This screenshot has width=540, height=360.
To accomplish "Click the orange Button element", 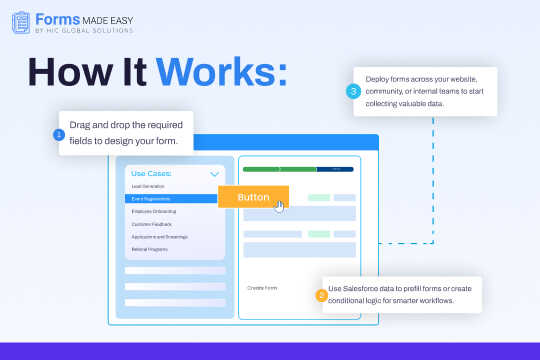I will click(x=253, y=197).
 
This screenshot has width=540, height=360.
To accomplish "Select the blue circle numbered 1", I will click(x=59, y=133).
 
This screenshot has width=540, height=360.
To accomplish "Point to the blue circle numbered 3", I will click(x=353, y=91).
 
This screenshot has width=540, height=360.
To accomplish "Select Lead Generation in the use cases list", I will click(x=147, y=187).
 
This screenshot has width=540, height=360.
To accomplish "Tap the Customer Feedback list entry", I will click(x=151, y=224).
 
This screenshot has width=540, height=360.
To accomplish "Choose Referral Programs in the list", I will click(x=150, y=248).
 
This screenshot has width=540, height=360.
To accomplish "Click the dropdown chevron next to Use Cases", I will click(x=214, y=174).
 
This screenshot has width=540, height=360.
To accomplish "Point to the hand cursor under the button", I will click(x=280, y=206).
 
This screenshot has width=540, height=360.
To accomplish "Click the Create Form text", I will click(x=262, y=288).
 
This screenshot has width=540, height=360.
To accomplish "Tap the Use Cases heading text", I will click(x=152, y=173).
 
